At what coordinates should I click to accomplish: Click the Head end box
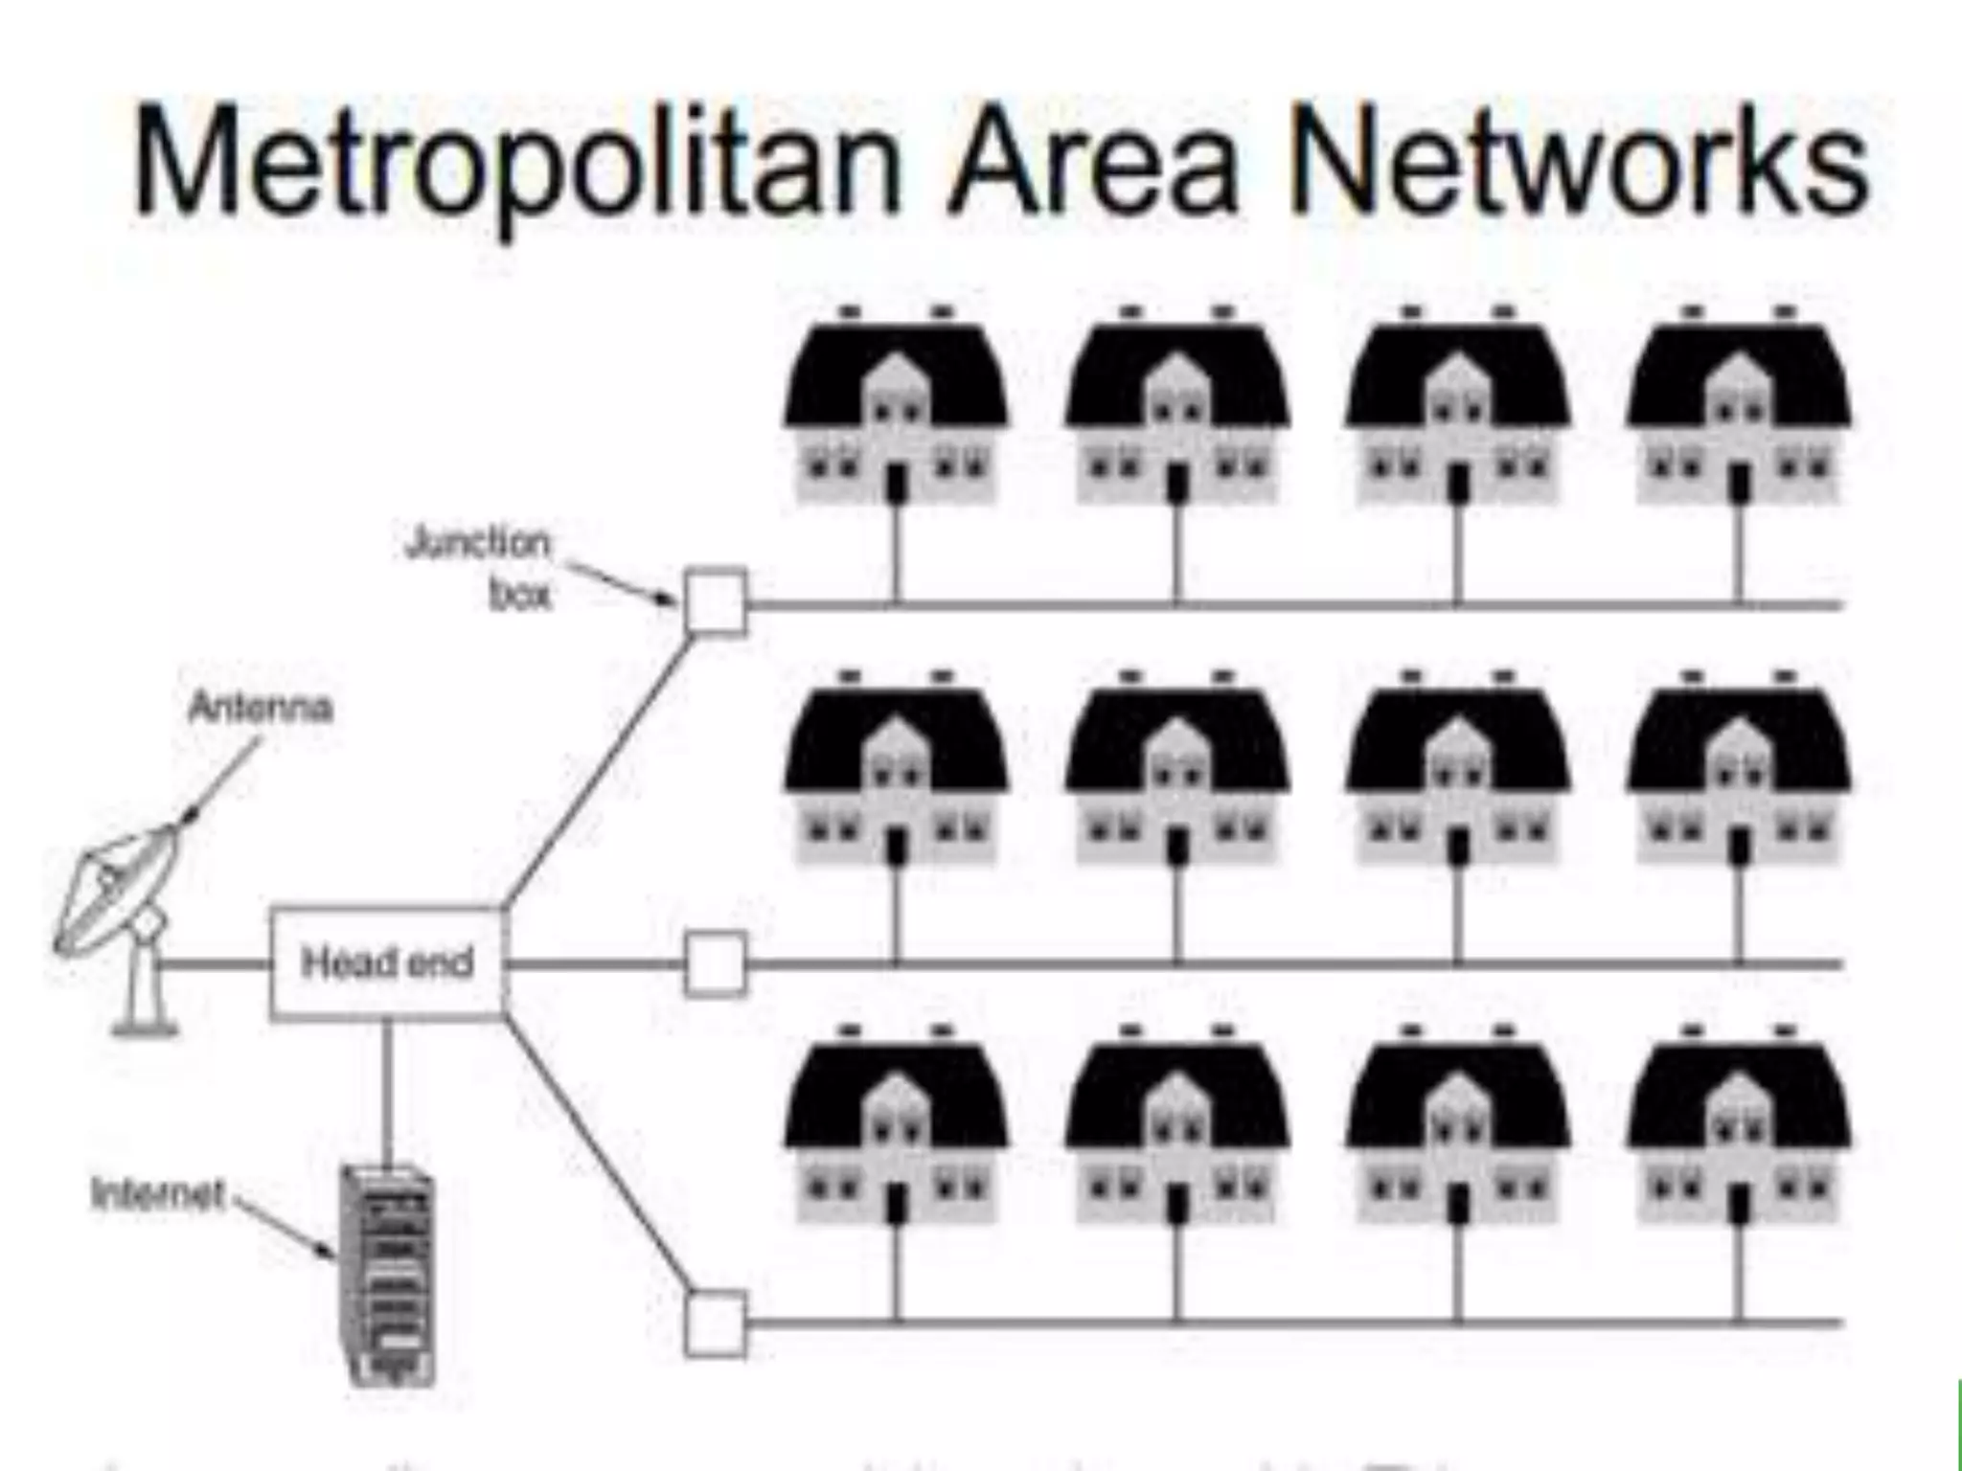386,962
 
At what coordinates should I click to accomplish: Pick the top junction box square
716,601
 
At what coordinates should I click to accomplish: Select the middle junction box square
716,963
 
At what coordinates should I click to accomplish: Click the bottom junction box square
716,1324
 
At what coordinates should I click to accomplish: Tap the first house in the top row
896,412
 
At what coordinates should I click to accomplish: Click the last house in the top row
1739,412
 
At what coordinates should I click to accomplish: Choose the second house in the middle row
1177,776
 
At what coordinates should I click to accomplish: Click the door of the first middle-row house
897,847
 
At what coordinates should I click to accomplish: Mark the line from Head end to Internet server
387,1092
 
